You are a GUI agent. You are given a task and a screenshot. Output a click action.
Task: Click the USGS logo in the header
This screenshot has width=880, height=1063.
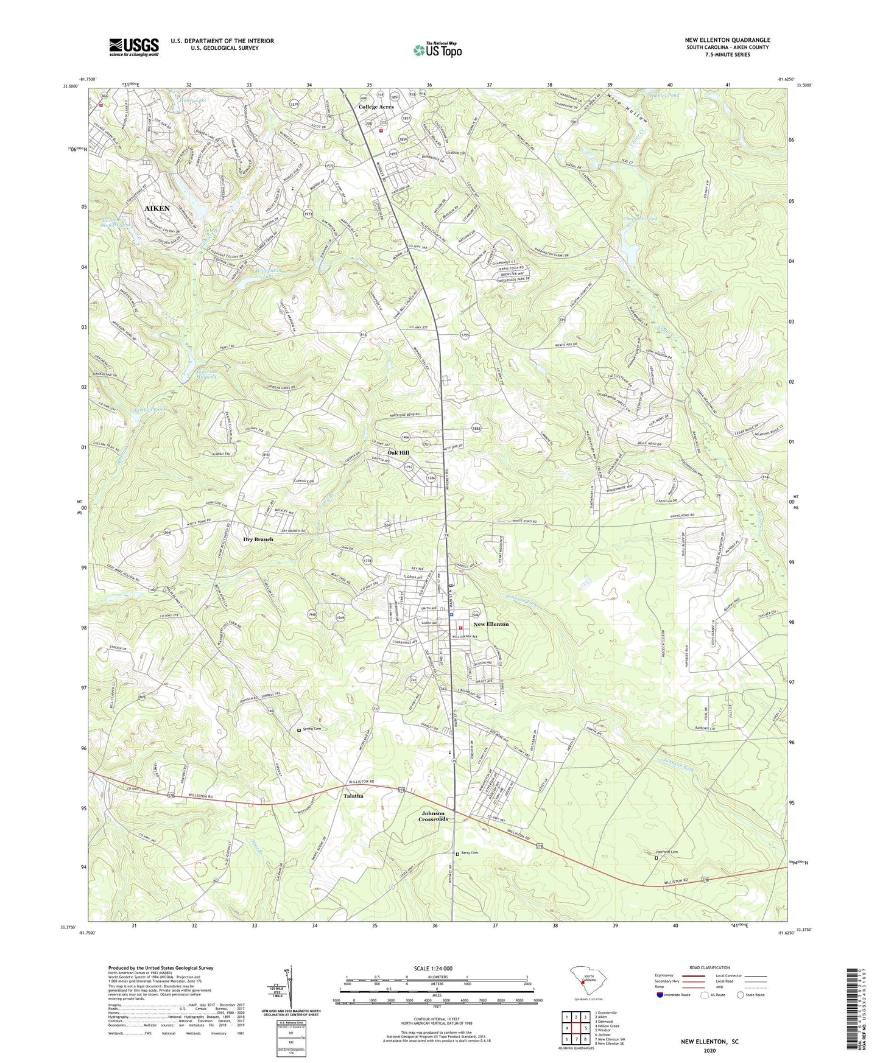pyautogui.click(x=134, y=47)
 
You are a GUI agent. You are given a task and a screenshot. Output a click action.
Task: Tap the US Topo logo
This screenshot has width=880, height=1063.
pyautogui.click(x=437, y=50)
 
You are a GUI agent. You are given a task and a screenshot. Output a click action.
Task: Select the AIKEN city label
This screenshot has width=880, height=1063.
pyautogui.click(x=157, y=208)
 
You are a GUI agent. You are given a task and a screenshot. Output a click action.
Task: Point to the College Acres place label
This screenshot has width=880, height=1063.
pyautogui.click(x=376, y=107)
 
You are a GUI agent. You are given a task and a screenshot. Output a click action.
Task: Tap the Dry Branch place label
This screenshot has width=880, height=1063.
pyautogui.click(x=258, y=539)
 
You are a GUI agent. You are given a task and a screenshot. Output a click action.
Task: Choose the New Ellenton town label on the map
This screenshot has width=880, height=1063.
pyautogui.click(x=491, y=624)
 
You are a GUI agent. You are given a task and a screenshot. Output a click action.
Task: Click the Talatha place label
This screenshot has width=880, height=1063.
pyautogui.click(x=353, y=796)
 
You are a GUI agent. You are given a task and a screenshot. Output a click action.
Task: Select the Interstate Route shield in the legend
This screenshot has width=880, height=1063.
pyautogui.click(x=661, y=995)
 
